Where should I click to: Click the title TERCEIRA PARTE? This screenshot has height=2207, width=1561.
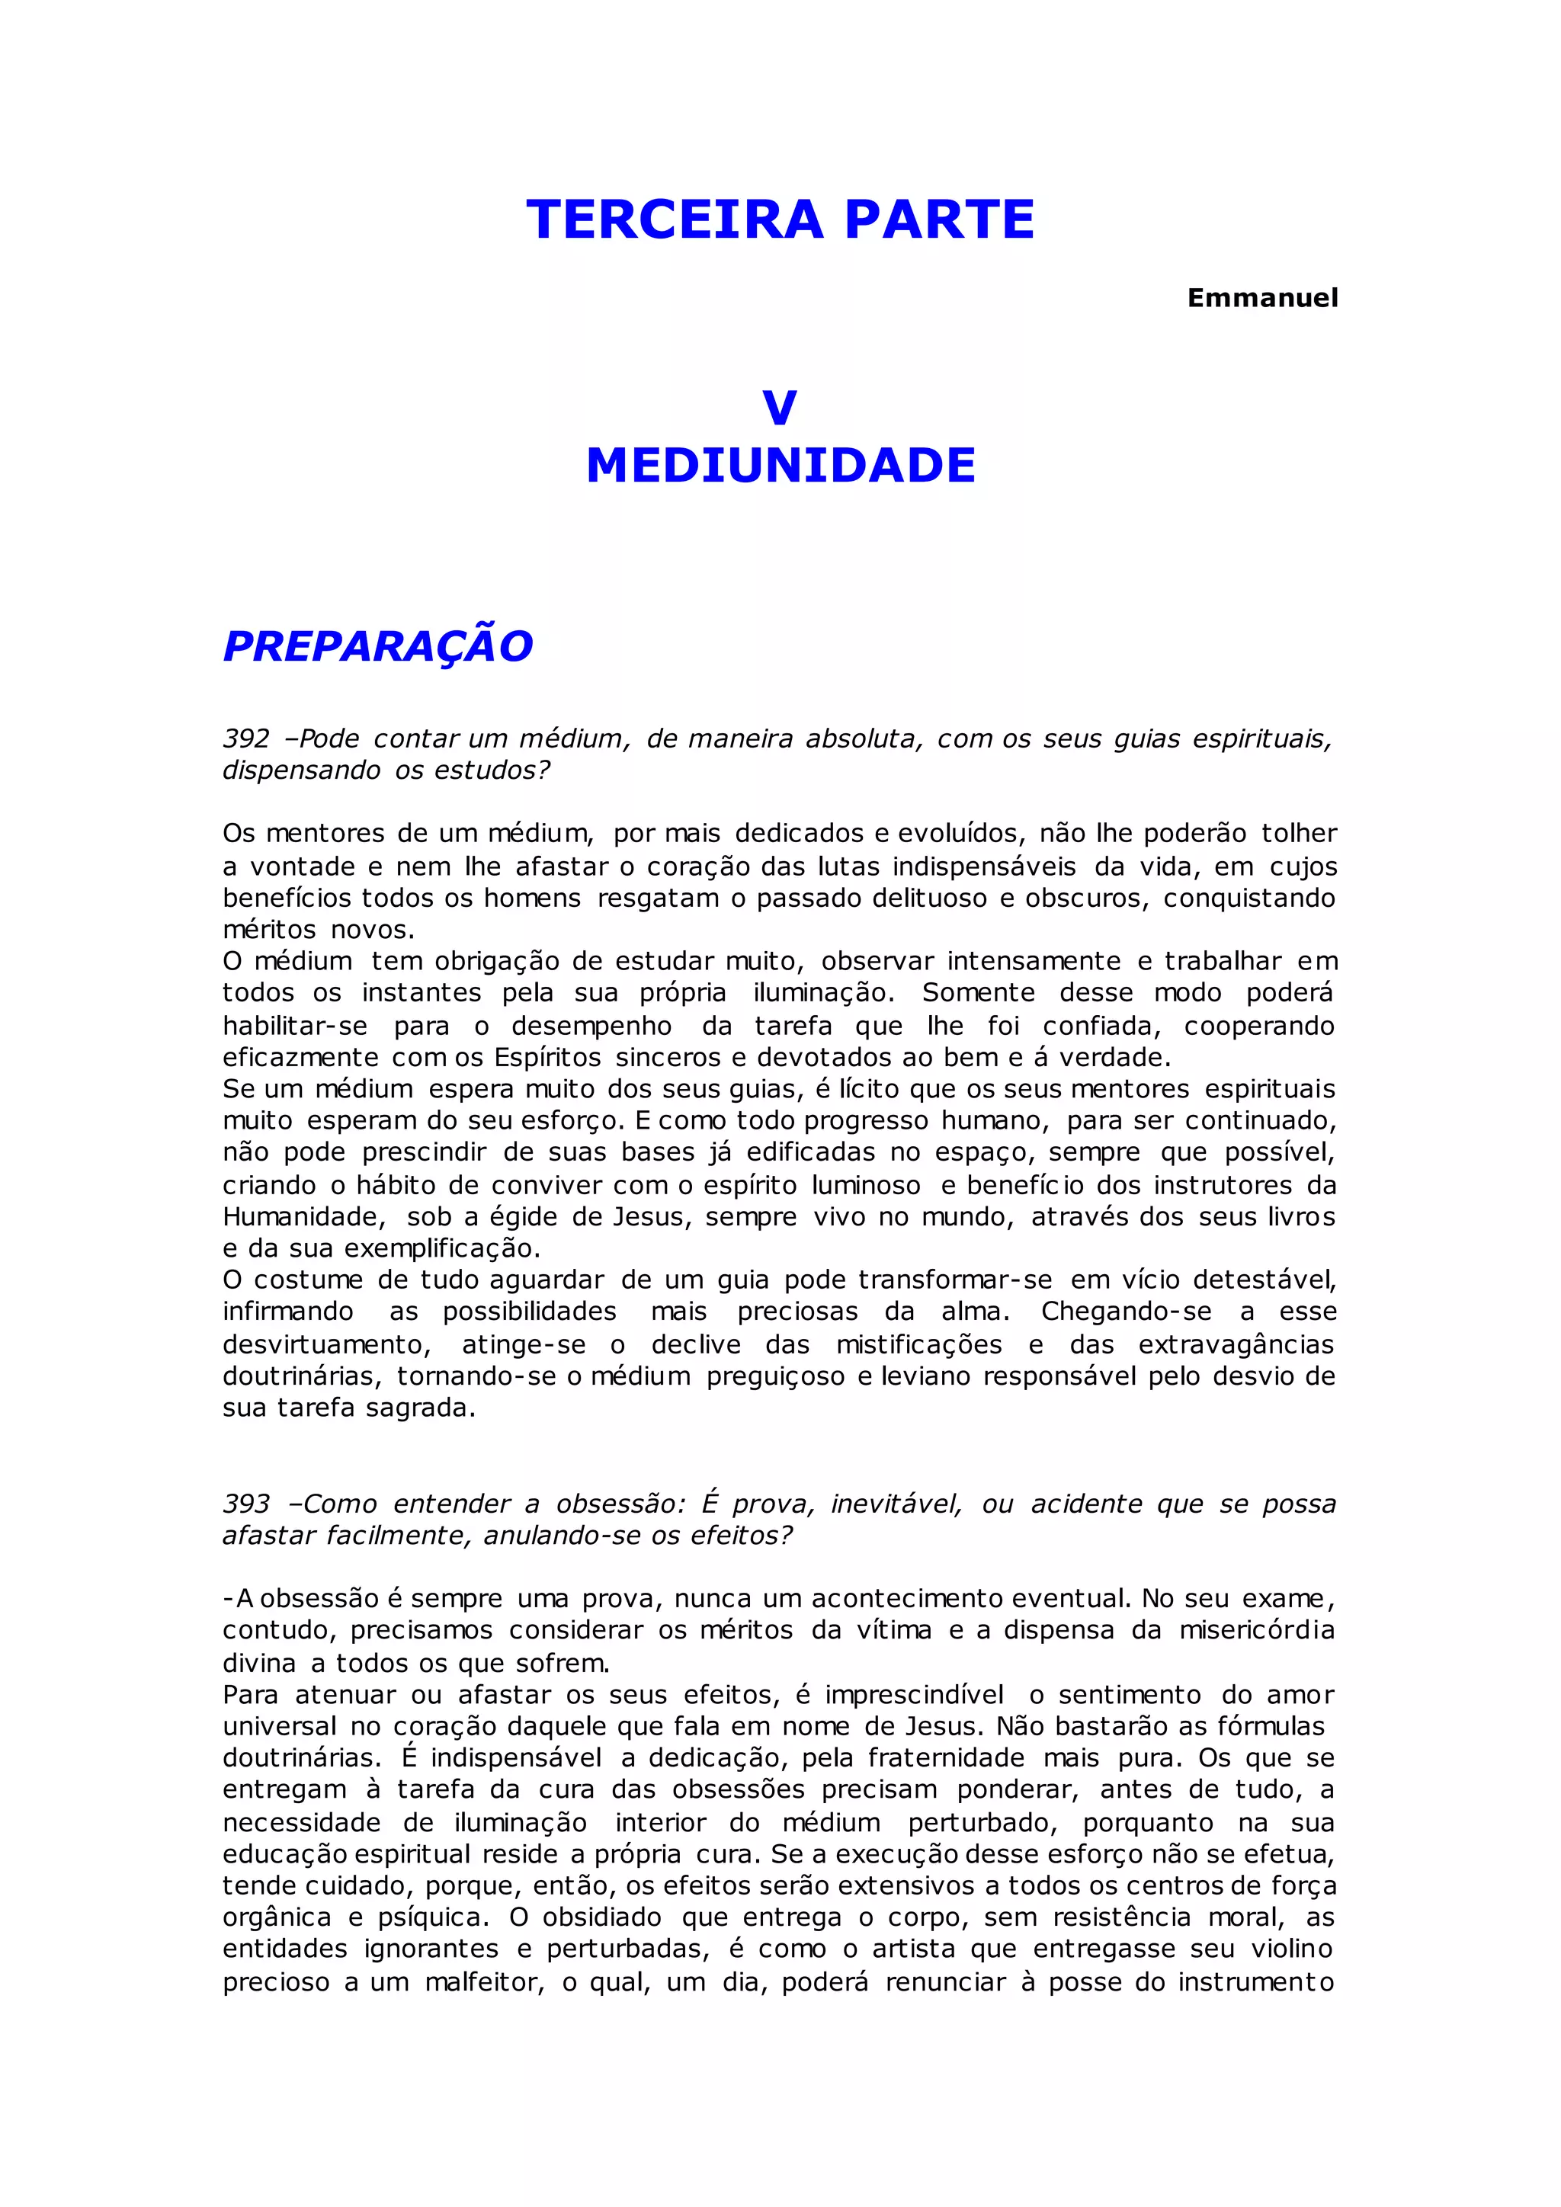point(780,219)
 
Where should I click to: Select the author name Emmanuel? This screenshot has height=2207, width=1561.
point(1262,298)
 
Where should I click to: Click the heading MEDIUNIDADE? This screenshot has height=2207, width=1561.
point(780,466)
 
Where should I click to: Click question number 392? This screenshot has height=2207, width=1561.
point(246,739)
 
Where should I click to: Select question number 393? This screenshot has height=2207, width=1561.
point(246,1504)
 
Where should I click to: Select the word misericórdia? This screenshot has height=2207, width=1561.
point(1256,1630)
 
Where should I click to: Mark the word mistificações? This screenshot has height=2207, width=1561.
point(918,1345)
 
